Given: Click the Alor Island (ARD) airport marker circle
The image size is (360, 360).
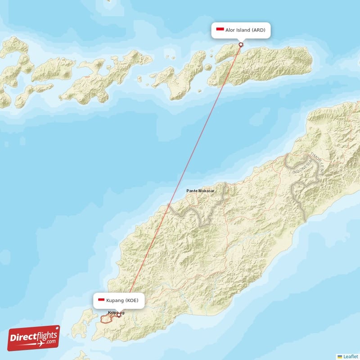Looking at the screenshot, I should pyautogui.click(x=241, y=44).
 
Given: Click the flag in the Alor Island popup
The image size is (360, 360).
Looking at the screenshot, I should pyautogui.click(x=220, y=30).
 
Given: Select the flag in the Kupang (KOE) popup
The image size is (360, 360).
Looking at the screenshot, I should pyautogui.click(x=102, y=300).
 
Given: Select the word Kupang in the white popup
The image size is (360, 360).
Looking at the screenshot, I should pyautogui.click(x=116, y=300).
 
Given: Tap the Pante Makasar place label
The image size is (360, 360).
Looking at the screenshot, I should pyautogui.click(x=200, y=191).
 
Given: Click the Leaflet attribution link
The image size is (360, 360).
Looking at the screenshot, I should pyautogui.click(x=351, y=356).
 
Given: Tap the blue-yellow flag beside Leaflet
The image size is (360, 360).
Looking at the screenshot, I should pyautogui.click(x=340, y=356).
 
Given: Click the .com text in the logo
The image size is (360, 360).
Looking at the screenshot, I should pyautogui.click(x=50, y=342).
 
